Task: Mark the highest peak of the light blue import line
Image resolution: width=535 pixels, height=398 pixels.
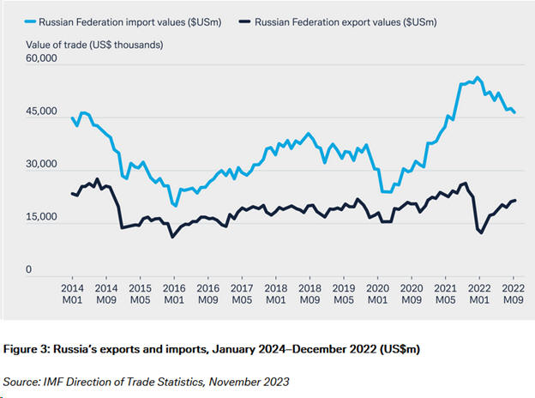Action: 478,77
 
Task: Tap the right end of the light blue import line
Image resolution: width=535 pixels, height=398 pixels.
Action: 514,113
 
